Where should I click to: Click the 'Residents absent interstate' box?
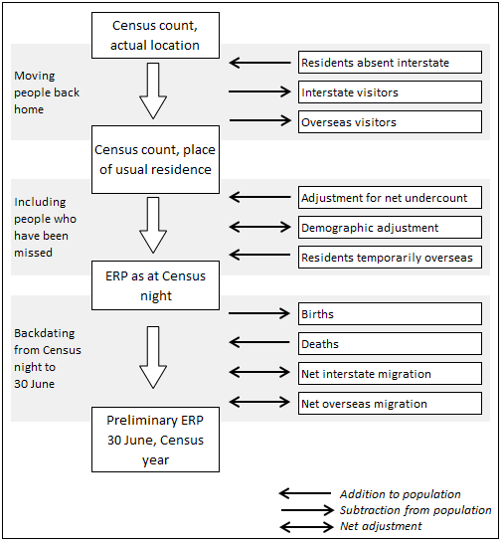(390, 63)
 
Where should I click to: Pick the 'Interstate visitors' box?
(390, 92)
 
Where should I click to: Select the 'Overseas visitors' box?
(390, 122)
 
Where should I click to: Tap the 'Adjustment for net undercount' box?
(390, 198)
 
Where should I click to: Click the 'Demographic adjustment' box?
(390, 228)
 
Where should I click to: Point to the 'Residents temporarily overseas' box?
(390, 258)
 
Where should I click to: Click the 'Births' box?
(390, 314)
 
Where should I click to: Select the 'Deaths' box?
(390, 344)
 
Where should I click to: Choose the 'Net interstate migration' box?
(390, 374)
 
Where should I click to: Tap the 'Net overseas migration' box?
(390, 404)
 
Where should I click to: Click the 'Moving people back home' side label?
(44, 92)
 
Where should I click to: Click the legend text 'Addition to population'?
(400, 494)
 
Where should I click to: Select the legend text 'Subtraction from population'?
(415, 510)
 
